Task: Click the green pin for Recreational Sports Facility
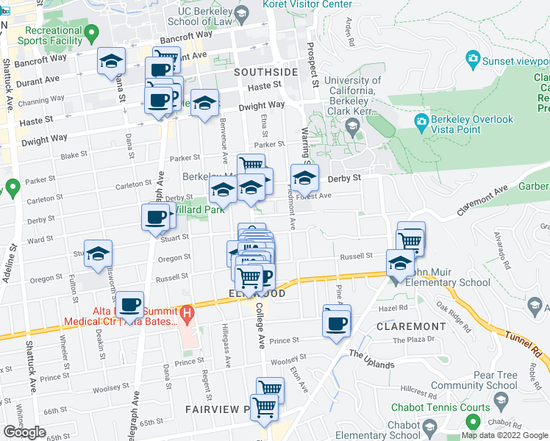coord(91,34)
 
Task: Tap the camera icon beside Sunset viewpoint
coord(473,58)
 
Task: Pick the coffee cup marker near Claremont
coord(337,323)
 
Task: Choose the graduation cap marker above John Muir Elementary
coord(399,264)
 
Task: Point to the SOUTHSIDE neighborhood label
coord(265,73)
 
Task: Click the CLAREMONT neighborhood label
coord(411,326)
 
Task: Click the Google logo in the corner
coord(24,432)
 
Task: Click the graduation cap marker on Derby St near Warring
coord(304,178)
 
